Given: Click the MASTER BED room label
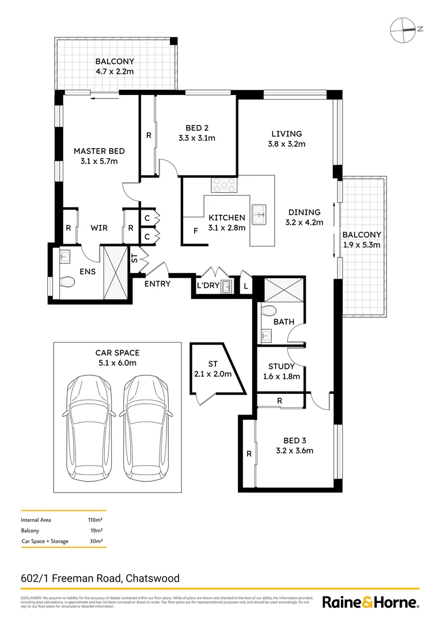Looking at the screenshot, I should [x=99, y=151].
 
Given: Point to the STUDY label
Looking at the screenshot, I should [x=281, y=366].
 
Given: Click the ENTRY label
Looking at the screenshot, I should [x=157, y=284].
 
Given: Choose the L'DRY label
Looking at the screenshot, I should [x=207, y=286].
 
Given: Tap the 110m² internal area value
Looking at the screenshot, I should [x=95, y=520].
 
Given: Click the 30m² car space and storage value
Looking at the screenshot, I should [x=96, y=541].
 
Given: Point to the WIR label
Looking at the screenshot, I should [x=99, y=228].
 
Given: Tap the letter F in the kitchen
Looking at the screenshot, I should [x=196, y=232].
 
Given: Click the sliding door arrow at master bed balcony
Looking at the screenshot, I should [x=101, y=98].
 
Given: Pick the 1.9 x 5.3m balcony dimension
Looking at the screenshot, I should [x=362, y=244].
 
